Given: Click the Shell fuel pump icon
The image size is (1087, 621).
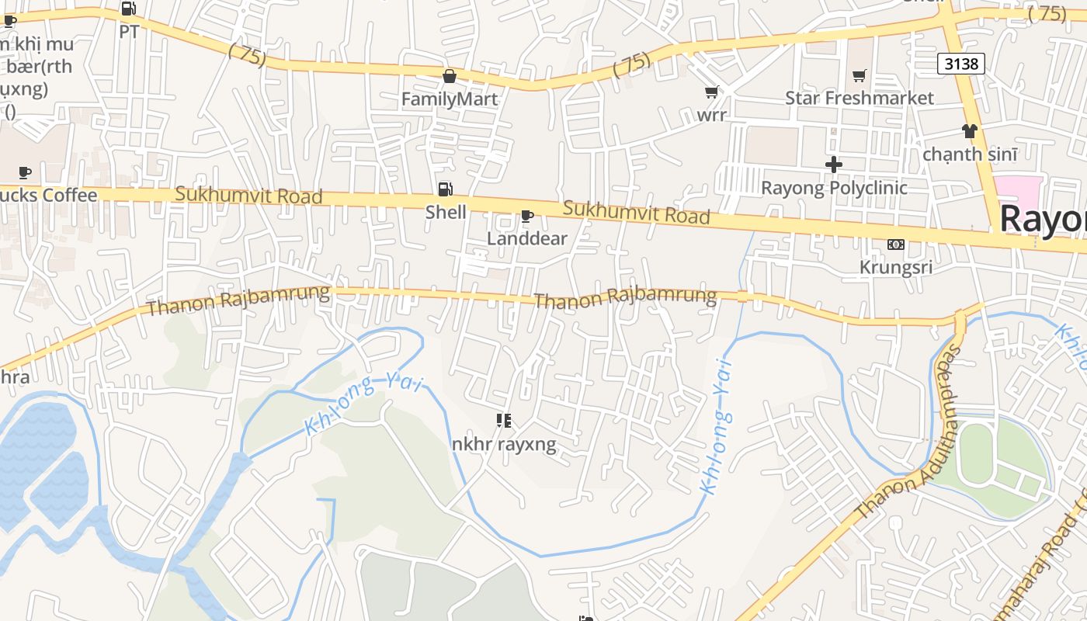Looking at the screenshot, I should point(445,189).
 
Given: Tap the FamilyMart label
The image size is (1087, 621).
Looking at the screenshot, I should point(450,99).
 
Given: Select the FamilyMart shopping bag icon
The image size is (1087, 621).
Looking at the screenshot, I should point(449,76).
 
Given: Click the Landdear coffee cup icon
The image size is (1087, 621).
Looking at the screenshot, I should point(526,216).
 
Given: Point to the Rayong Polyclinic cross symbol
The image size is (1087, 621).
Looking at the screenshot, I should point(834,165).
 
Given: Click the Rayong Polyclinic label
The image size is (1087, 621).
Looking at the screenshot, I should point(834,188).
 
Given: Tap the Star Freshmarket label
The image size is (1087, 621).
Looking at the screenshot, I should point(859,98).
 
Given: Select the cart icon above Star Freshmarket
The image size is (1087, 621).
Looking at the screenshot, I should point(859,75).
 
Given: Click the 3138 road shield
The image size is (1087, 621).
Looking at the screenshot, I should point(960,64).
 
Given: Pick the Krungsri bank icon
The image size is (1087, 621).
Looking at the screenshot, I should point(895,245).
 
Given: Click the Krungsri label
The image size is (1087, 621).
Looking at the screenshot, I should point(895,267).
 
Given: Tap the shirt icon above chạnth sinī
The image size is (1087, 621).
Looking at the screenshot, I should point(969,130).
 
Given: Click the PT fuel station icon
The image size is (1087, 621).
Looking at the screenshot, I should point(129,9).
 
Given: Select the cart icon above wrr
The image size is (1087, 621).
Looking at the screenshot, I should point(711,92).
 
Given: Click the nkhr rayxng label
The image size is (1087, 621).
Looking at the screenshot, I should point(504,445).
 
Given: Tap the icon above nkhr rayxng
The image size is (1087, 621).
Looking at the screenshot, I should point(504,421).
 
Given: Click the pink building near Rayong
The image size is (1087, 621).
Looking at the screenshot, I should point(1016,190).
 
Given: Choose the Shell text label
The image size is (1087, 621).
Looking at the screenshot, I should point(446,212).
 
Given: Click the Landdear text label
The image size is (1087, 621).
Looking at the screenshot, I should point(527,238).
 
